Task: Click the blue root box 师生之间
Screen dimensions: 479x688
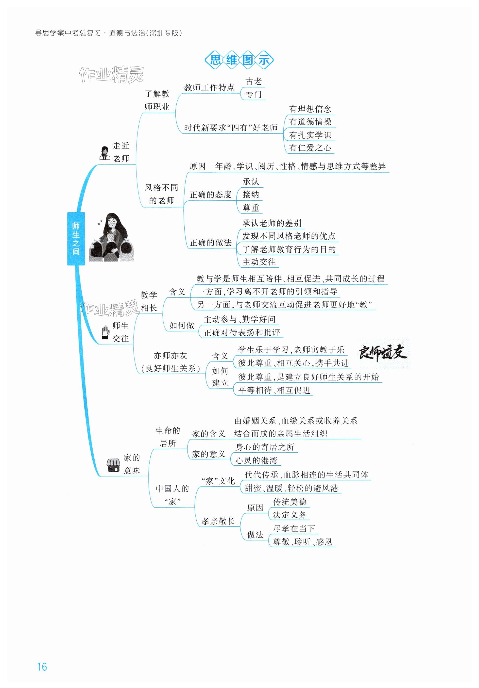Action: pos(76,239)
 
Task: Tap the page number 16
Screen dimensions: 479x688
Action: pos(42,667)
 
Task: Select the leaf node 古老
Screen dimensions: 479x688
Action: pos(253,82)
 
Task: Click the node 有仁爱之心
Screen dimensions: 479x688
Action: pos(310,148)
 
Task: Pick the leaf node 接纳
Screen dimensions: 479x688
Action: pos(251,195)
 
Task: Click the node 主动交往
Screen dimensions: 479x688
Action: pos(259,262)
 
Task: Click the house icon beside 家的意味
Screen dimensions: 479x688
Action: pos(113,465)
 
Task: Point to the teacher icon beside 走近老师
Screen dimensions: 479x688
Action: pos(105,153)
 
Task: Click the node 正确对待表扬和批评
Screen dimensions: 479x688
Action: pos(242,333)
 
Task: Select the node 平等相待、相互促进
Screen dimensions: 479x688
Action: pos(274,391)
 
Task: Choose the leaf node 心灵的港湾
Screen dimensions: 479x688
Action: pos(256,460)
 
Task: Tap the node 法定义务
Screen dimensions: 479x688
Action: pos(289,515)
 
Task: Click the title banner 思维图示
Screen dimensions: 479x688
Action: pos(239,60)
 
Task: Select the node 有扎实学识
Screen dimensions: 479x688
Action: pos(310,135)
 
